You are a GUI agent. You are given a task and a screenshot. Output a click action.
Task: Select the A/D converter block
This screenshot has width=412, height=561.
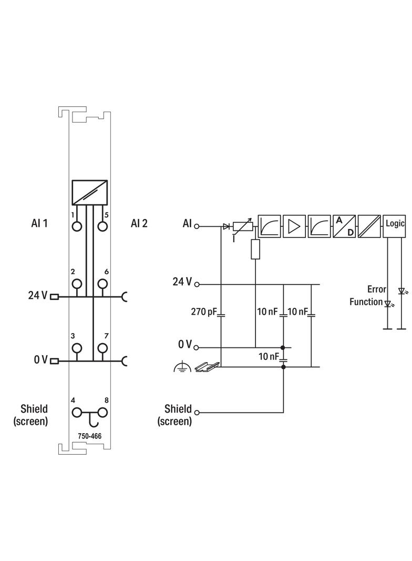pyautogui.click(x=345, y=226)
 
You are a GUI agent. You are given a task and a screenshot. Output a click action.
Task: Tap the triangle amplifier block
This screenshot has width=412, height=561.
pyautogui.click(x=294, y=226)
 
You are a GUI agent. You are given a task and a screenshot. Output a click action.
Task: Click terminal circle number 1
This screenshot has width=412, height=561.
pyautogui.click(x=77, y=227)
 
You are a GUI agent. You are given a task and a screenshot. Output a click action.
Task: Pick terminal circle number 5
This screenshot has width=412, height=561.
pyautogui.click(x=102, y=227)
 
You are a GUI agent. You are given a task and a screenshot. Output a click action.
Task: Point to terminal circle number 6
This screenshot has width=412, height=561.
pyautogui.click(x=102, y=284)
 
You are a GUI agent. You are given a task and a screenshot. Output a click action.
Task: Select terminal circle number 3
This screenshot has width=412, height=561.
pyautogui.click(x=77, y=348)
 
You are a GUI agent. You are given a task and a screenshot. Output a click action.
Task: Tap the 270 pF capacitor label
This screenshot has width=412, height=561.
pyautogui.click(x=204, y=312)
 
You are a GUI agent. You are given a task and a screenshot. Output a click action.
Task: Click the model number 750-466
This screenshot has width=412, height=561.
pyautogui.click(x=89, y=436)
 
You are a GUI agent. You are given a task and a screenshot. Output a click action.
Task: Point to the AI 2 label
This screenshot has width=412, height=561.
pyautogui.click(x=139, y=223)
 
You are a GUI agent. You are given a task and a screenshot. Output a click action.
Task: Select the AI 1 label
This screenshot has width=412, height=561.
pyautogui.click(x=39, y=223)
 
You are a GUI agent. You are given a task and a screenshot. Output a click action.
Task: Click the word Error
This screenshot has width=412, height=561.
pyautogui.click(x=376, y=289)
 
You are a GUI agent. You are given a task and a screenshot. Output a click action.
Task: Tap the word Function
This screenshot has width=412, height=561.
pyautogui.click(x=366, y=302)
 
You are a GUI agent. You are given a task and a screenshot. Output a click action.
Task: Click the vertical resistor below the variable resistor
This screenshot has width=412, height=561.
pyautogui.click(x=255, y=249)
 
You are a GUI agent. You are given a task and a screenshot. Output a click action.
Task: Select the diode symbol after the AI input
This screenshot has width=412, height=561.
pyautogui.click(x=226, y=226)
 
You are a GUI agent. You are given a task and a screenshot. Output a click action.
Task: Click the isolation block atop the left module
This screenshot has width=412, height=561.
pyautogui.click(x=90, y=192)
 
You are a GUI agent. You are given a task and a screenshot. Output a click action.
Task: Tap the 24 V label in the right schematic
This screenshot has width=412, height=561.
pyautogui.click(x=182, y=282)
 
